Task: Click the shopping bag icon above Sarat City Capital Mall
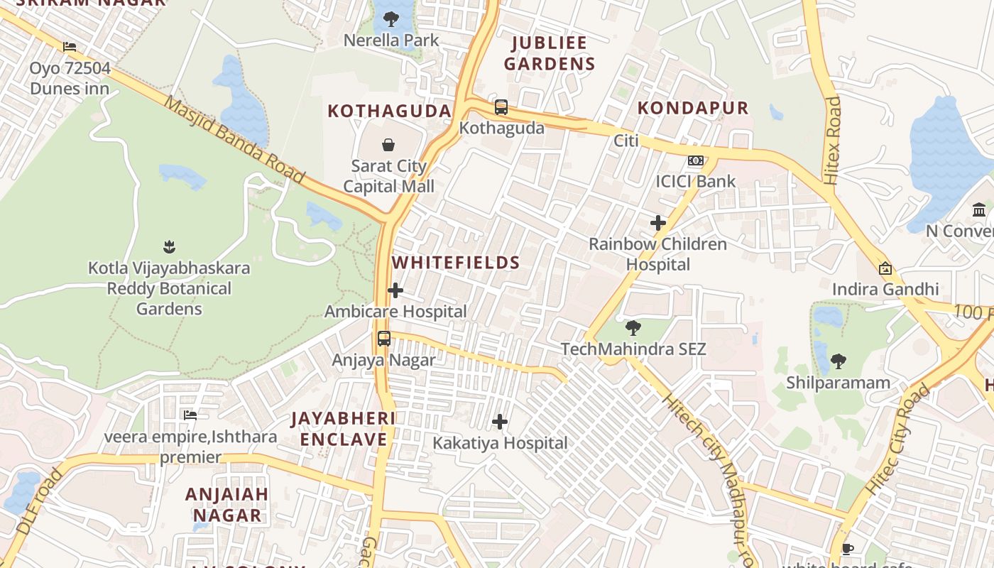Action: (x=388, y=145)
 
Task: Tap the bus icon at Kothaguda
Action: (x=501, y=107)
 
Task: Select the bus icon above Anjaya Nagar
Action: (x=384, y=339)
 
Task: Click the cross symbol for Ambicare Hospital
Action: (x=395, y=290)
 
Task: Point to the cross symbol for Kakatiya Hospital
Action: (x=500, y=422)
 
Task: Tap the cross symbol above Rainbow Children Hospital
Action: (x=658, y=223)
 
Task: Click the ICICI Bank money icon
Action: (x=696, y=160)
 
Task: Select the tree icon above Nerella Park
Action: (x=391, y=19)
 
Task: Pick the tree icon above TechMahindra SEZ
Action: (x=633, y=328)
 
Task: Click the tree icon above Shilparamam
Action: (x=839, y=361)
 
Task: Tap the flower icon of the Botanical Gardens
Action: (x=169, y=247)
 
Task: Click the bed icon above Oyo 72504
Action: (x=70, y=47)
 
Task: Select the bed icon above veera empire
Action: (x=190, y=415)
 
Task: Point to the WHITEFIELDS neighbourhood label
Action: (x=456, y=263)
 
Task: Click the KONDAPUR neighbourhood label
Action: (x=693, y=108)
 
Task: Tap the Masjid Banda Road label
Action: (x=234, y=139)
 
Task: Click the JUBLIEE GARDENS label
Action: (x=550, y=53)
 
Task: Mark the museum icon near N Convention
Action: (x=980, y=209)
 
